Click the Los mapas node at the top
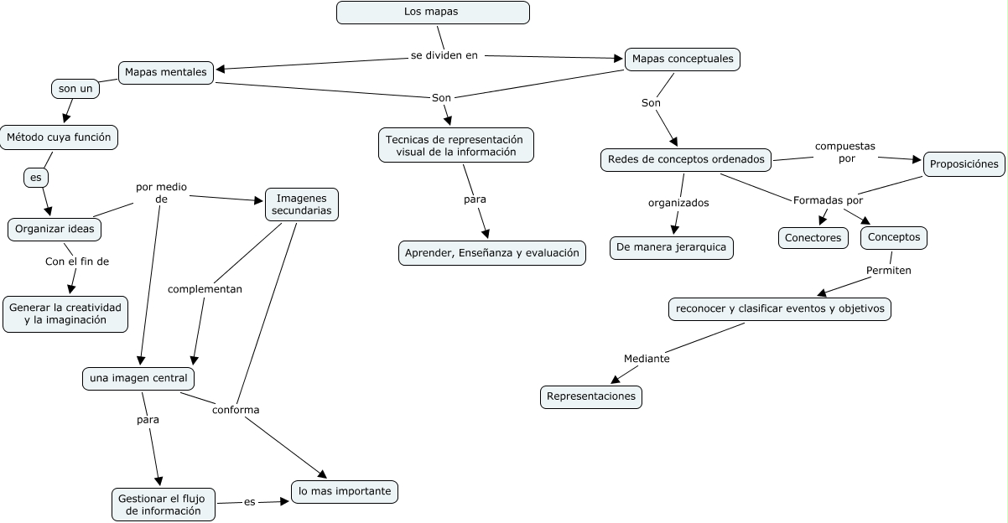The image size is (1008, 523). (433, 13)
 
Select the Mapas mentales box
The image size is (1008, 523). (165, 72)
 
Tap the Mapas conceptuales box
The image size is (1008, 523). (683, 60)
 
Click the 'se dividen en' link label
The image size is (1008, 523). (444, 56)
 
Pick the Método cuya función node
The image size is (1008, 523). (59, 137)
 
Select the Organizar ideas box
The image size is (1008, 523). (55, 229)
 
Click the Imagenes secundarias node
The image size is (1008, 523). (302, 205)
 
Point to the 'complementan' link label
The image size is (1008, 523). (205, 289)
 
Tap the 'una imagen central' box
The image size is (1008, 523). (138, 379)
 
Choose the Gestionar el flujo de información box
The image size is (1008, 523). (164, 504)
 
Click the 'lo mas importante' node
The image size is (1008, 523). (345, 491)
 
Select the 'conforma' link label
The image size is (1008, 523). (236, 410)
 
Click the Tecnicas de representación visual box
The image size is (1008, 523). (455, 145)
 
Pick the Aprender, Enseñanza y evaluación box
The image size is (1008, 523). (492, 253)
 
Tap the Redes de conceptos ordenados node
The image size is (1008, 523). (686, 159)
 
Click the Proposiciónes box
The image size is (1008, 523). (964, 164)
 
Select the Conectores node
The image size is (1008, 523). (813, 238)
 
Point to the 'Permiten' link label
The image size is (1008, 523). (888, 271)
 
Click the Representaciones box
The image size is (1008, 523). (591, 396)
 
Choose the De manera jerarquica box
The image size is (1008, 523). (672, 248)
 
